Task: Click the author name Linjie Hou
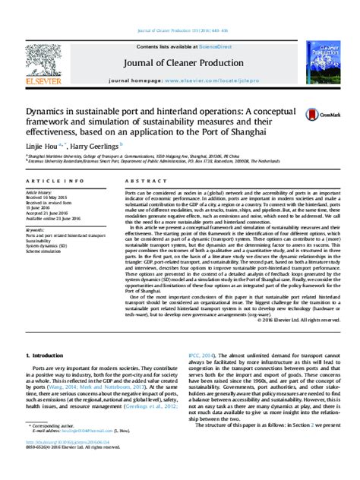(x=40, y=144)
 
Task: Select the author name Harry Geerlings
(x=98, y=144)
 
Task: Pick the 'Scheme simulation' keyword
(x=44, y=251)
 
